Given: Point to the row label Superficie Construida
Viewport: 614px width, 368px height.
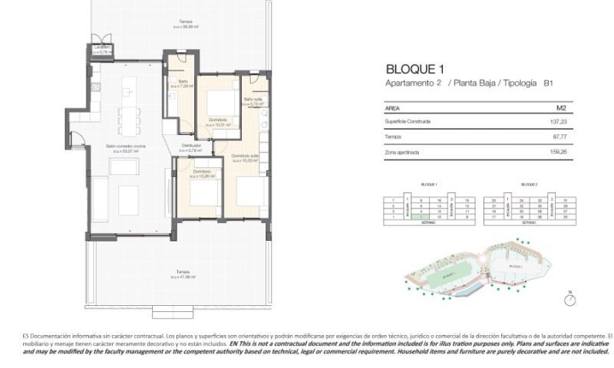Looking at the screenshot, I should [408, 121].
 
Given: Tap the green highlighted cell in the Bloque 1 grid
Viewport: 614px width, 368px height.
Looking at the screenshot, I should [418, 217].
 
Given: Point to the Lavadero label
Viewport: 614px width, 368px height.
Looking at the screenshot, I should [103, 49].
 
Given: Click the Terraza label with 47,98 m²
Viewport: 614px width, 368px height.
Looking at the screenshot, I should [182, 274].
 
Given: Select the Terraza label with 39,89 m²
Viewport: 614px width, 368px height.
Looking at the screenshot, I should [186, 23].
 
